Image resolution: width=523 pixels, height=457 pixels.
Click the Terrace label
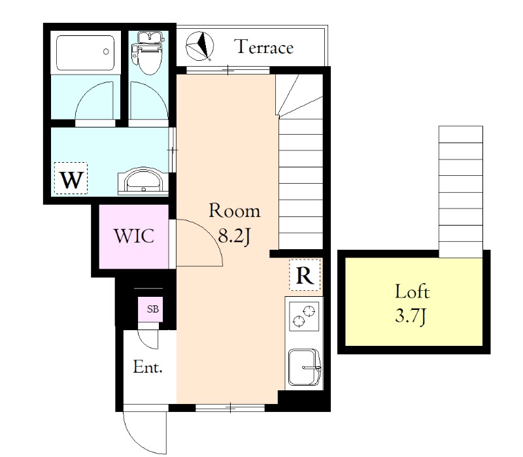(x=265, y=46)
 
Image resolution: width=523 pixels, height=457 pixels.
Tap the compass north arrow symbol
(x=200, y=46)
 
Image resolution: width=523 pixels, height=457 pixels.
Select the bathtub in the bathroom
(x=85, y=53)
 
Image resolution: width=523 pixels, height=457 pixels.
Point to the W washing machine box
(x=71, y=178)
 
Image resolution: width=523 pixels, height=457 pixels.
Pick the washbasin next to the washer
(x=143, y=180)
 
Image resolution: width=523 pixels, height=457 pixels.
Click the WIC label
(x=134, y=236)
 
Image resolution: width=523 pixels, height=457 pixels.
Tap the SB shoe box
(x=152, y=309)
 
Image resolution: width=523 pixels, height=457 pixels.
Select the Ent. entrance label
(x=148, y=367)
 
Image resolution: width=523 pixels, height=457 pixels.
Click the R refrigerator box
(x=305, y=275)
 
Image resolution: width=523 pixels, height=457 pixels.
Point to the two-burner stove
(x=304, y=316)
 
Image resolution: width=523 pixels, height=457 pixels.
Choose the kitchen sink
(x=304, y=367)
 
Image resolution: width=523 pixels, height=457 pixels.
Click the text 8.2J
(x=234, y=236)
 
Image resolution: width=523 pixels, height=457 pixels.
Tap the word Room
(x=235, y=211)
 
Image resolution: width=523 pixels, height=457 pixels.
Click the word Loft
(x=413, y=291)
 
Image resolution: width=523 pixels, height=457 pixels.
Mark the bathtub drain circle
(x=106, y=52)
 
